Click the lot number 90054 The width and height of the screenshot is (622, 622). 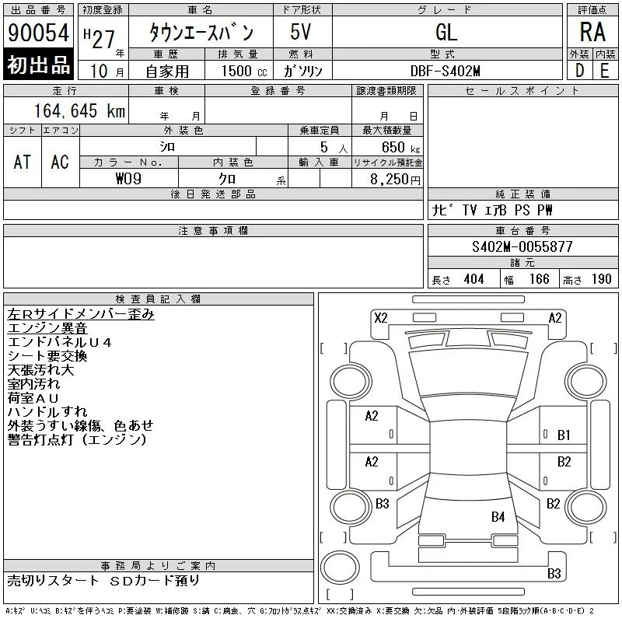(38, 33)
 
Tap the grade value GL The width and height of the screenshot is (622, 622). (446, 32)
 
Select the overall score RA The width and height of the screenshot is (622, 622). (592, 32)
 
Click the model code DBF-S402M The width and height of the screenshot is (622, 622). (445, 71)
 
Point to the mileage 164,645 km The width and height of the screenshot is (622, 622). (79, 110)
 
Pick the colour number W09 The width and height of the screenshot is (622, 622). (128, 179)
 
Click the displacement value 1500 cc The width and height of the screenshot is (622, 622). (244, 71)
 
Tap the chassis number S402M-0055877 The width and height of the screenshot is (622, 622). (522, 246)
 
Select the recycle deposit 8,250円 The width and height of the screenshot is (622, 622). (395, 180)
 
